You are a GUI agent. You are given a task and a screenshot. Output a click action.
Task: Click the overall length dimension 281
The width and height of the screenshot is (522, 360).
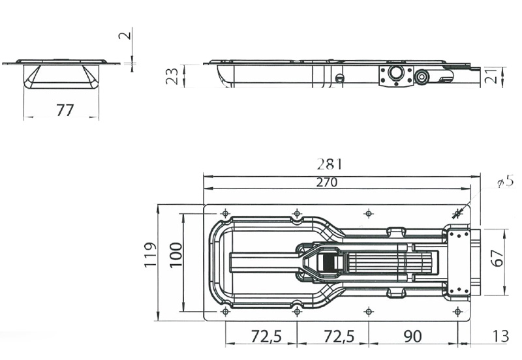click(x=330, y=164)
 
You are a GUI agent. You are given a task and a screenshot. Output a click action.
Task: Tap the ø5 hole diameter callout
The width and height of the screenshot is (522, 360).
click(x=504, y=183)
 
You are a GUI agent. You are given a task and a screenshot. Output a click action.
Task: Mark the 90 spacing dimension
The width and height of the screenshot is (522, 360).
click(x=412, y=337)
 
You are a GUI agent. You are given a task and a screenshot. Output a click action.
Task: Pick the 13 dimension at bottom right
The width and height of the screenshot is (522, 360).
click(x=500, y=337)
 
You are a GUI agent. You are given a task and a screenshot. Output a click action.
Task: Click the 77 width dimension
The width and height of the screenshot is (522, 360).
click(x=64, y=110)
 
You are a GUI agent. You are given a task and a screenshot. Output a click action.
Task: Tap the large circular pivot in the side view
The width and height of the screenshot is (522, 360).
click(x=395, y=73)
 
